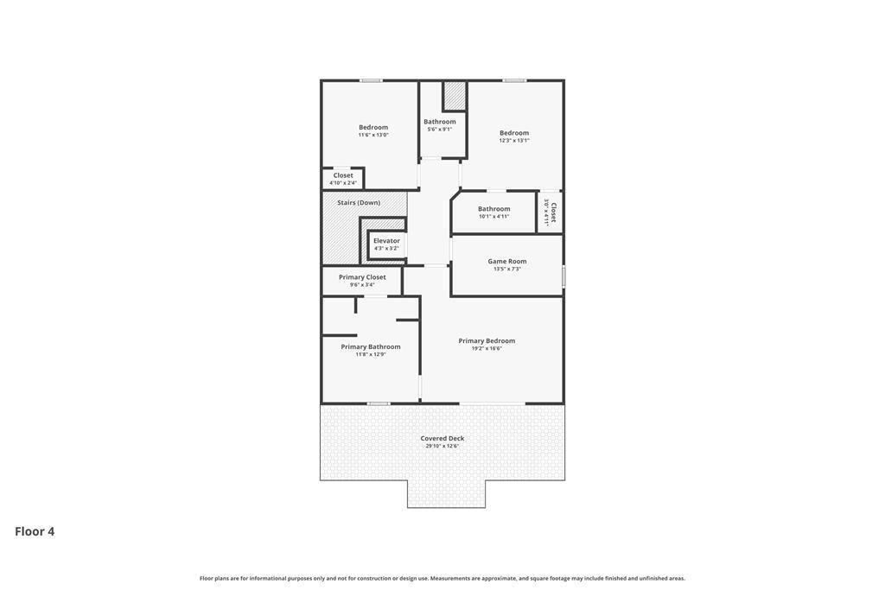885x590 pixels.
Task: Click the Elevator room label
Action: point(386,241)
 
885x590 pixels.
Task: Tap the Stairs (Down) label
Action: point(359,203)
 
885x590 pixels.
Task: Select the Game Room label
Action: point(507,261)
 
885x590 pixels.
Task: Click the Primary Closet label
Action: point(362,277)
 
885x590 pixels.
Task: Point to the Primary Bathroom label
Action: point(371,346)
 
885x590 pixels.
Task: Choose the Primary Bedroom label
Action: point(487,340)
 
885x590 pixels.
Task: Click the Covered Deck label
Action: point(442,438)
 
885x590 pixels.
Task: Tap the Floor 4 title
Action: point(35,531)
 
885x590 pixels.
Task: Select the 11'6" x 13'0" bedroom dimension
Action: point(373,135)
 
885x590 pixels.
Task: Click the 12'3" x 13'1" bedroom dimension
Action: point(514,141)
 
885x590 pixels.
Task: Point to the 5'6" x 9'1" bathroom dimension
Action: point(440,130)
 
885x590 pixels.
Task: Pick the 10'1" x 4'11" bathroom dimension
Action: point(494,217)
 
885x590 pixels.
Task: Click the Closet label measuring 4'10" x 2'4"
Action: point(343,175)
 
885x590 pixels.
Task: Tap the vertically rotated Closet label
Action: point(553,213)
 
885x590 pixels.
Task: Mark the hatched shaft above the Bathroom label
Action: point(455,96)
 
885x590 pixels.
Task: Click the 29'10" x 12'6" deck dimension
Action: point(442,447)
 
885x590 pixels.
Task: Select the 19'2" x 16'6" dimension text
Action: point(487,349)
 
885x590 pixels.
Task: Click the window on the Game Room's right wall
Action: point(563,276)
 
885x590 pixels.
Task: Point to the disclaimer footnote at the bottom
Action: point(442,579)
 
